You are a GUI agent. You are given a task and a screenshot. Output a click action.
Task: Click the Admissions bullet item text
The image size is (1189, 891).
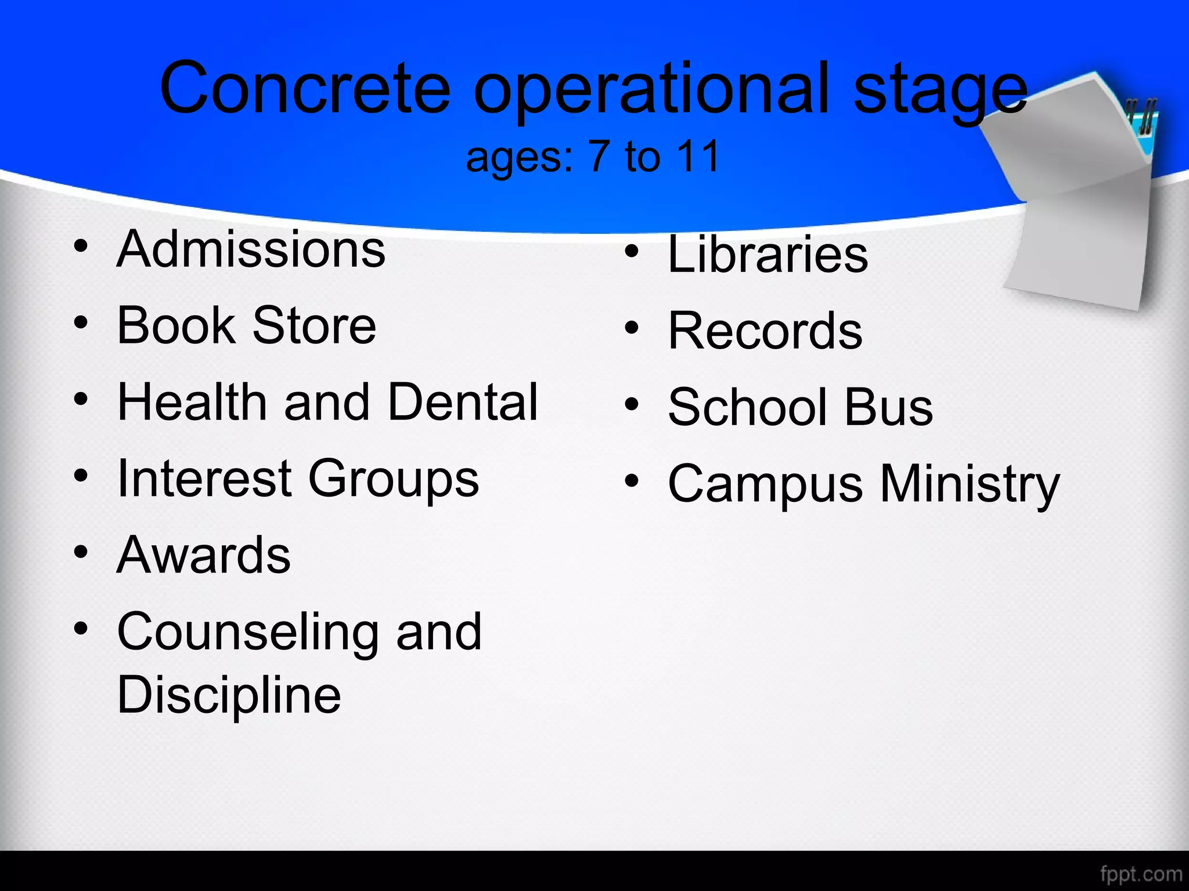click(251, 249)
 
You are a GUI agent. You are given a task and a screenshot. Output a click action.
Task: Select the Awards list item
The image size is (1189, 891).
click(203, 555)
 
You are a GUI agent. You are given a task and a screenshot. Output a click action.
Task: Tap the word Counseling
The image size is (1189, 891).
click(247, 632)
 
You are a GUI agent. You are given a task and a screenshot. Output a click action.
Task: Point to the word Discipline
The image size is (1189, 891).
click(229, 696)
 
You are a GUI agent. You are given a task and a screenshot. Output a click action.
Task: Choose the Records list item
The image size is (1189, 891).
click(765, 331)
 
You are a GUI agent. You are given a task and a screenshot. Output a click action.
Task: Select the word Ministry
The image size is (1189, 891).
click(970, 485)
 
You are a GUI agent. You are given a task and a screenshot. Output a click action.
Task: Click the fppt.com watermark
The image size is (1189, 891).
click(1141, 874)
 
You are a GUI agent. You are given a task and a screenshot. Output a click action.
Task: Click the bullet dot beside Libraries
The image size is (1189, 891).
click(632, 252)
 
